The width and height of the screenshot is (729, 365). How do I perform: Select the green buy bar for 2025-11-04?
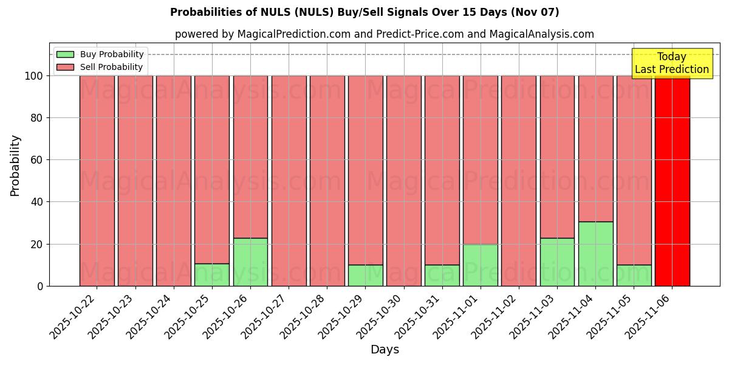(595, 254)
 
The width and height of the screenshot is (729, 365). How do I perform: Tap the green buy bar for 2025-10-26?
(250, 262)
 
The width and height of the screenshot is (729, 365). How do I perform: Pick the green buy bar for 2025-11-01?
(480, 265)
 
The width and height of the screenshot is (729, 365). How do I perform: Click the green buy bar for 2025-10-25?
(212, 274)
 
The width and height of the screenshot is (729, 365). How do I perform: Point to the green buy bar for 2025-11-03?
(557, 262)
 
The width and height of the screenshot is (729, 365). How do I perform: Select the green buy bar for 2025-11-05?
(634, 275)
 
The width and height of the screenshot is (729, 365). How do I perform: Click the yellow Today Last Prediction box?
(672, 63)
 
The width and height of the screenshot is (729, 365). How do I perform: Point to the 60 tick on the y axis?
(38, 160)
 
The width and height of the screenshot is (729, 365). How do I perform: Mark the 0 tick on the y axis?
(40, 286)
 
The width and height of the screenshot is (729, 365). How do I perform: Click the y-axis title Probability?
(15, 165)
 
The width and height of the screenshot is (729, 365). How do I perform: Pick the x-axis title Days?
(385, 350)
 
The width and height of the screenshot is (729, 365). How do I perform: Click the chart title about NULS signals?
(364, 12)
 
